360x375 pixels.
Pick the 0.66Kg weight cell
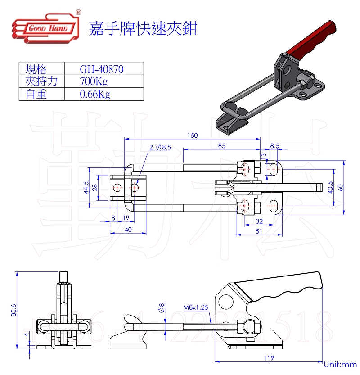coord(94,94)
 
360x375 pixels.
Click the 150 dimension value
coord(192,135)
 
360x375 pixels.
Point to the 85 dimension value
coord(221,145)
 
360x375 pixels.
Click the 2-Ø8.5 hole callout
coord(161,147)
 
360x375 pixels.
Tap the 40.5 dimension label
coord(331,187)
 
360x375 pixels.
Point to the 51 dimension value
coord(259,231)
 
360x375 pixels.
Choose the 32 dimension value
coord(259,221)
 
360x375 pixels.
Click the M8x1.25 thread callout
coord(196,308)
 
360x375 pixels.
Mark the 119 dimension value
coord(269,358)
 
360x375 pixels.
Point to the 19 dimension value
coord(126,218)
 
